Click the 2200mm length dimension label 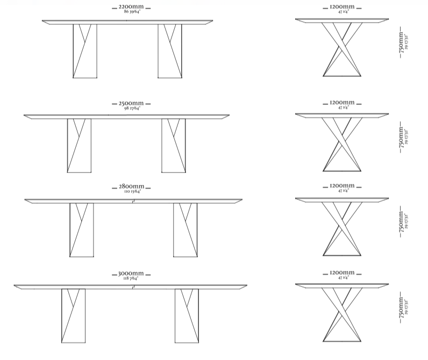pyautogui.click(x=131, y=7)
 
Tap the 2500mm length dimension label pyautogui.click(x=131, y=103)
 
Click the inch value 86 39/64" pyautogui.click(x=131, y=11)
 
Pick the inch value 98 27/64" pyautogui.click(x=131, y=107)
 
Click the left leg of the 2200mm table pyautogui.click(x=84, y=51)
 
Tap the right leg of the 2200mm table pyautogui.click(x=170, y=51)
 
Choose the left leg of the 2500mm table pyautogui.click(x=79, y=146)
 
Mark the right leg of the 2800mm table pyautogui.click(x=185, y=230)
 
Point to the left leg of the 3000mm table pyautogui.click(x=73, y=315)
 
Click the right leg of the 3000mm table pyautogui.click(x=187, y=315)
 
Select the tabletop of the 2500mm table pyautogui.click(x=126, y=116)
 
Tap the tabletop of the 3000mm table pyautogui.click(x=130, y=286)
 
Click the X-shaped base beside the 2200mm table pyautogui.click(x=342, y=49)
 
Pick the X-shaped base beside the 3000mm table pyautogui.click(x=342, y=314)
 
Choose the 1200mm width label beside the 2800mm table pyautogui.click(x=342, y=186)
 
